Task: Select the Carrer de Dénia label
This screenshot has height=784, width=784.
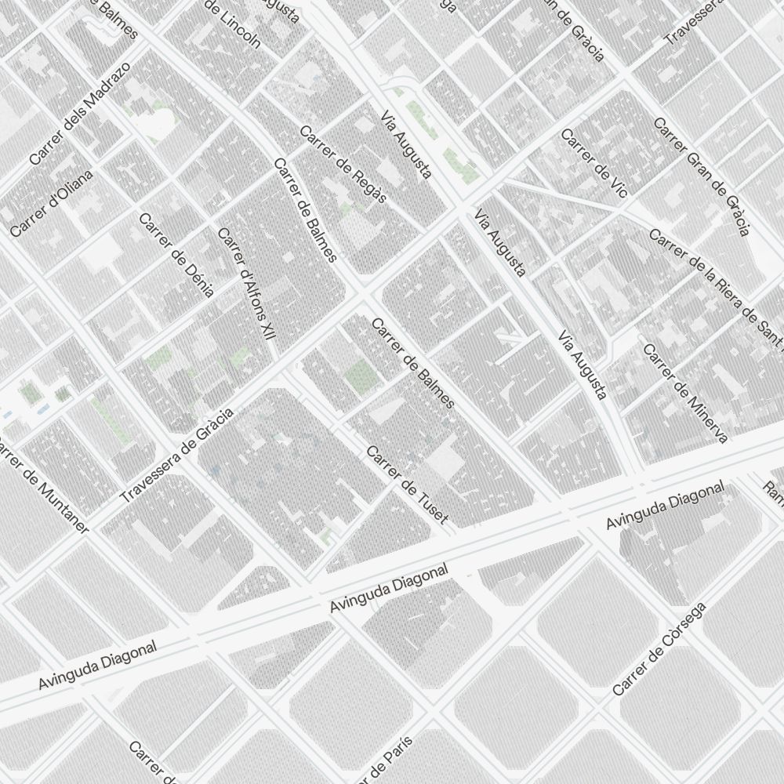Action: coord(176,255)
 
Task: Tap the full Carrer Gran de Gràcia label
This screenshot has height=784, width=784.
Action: coord(702,176)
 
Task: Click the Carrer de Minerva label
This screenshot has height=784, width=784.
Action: coord(685,392)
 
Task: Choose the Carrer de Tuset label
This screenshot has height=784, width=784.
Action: coord(408,485)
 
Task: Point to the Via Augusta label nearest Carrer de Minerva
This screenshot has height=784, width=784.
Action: coord(582,365)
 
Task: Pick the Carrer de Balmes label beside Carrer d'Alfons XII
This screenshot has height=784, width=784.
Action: coord(305,210)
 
